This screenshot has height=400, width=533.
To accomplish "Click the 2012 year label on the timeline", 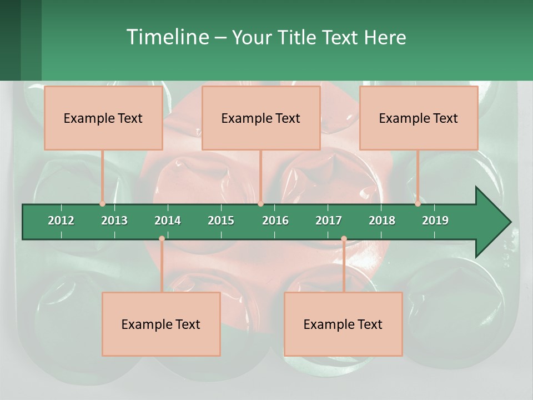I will click(x=61, y=221).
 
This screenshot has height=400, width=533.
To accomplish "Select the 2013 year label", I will click(x=114, y=221).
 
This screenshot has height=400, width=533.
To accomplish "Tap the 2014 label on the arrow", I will click(x=168, y=221).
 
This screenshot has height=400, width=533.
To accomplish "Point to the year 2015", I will click(x=221, y=221).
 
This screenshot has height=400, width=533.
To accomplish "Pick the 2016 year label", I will click(x=275, y=221).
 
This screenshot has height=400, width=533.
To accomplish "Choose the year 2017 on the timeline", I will click(x=329, y=221).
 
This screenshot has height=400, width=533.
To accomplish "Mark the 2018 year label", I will click(x=382, y=221).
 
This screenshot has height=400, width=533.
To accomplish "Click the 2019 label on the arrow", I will click(x=435, y=221).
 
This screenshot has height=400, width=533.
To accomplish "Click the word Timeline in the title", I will click(x=167, y=37).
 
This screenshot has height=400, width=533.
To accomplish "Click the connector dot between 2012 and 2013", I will click(x=103, y=204).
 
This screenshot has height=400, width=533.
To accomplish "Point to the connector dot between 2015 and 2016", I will click(x=261, y=204).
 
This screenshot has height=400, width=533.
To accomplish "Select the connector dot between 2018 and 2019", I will click(x=418, y=204).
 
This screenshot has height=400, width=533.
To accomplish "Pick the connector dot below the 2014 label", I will click(x=162, y=239).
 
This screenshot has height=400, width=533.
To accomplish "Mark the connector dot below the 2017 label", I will click(x=344, y=239).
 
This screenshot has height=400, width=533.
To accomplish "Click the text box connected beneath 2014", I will click(x=161, y=324).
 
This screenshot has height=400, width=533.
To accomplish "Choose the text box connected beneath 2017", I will click(x=343, y=324).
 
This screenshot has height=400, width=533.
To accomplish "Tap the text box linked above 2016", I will click(x=261, y=118).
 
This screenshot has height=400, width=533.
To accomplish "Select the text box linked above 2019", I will click(x=419, y=118).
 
